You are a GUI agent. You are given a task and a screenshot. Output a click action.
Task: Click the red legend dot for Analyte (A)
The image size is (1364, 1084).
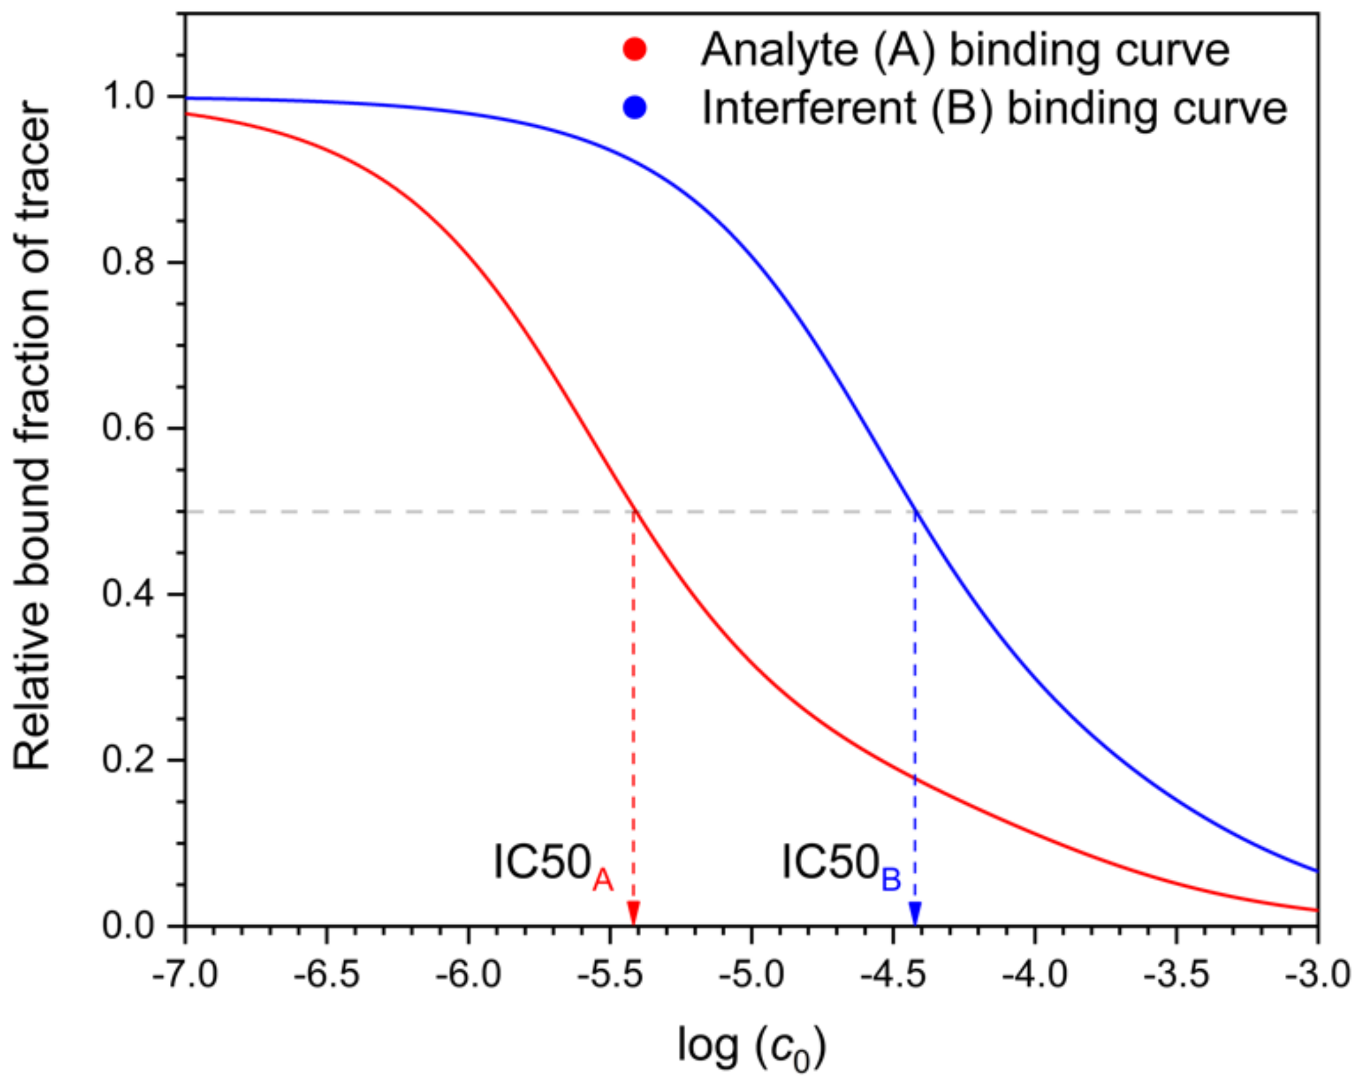pos(635,50)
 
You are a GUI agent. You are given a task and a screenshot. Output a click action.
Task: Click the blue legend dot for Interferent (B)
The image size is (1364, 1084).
pos(635,108)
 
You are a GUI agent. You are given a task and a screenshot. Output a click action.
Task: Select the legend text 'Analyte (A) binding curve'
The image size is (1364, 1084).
pos(965,50)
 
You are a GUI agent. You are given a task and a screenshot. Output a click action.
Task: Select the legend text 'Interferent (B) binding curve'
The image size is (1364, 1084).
pos(994,108)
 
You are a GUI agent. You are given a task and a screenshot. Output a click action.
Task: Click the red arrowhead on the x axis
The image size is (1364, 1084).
pos(633,913)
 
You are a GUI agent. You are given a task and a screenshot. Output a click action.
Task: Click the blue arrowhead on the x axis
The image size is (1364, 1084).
pos(915,913)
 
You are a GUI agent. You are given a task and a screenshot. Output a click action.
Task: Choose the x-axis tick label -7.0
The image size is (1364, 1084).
pos(185,974)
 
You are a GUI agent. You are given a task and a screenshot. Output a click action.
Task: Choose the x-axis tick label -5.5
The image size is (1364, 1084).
pos(610,974)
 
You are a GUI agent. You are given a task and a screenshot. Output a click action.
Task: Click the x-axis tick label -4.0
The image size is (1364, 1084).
pos(1035,974)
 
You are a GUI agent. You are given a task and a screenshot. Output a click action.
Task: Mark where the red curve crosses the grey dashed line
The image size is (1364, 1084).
pos(634,512)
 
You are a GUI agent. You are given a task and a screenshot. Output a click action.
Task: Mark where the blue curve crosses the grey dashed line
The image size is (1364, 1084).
pos(915,512)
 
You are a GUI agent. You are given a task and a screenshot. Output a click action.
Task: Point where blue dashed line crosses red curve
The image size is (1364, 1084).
pos(915,779)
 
